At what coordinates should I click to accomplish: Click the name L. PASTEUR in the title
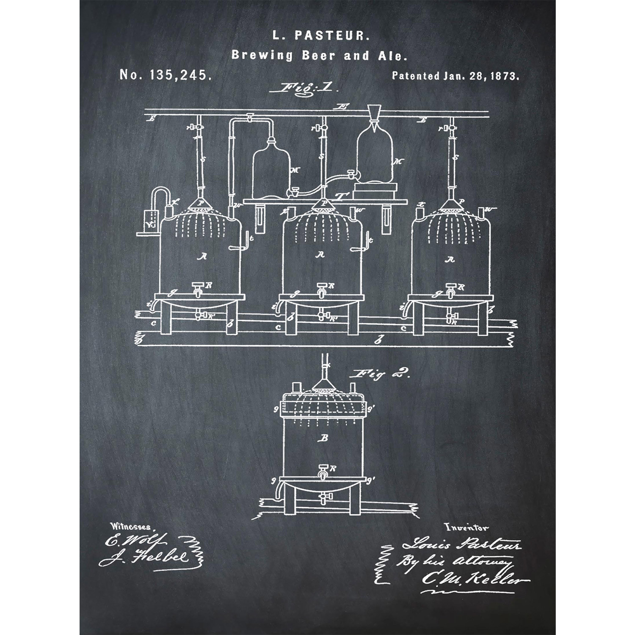321,36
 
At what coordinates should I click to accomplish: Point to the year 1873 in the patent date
505,76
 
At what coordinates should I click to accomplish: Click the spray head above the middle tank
323,205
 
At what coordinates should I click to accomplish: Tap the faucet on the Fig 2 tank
323,471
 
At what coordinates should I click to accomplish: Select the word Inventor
466,527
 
